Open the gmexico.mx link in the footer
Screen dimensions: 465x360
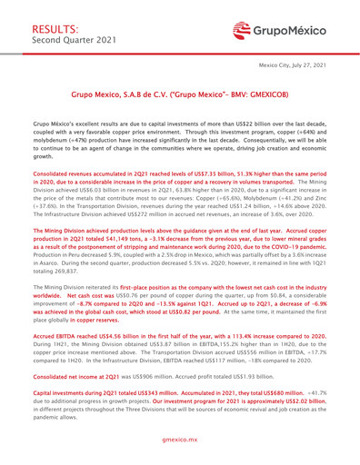[x=180, y=450]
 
